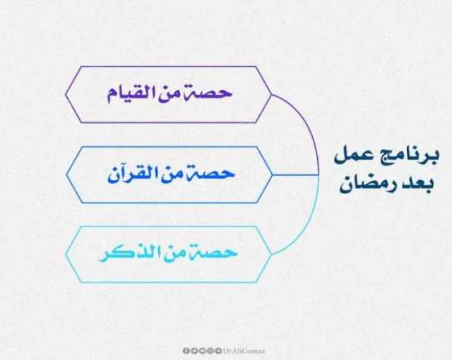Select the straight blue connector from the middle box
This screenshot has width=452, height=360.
295,175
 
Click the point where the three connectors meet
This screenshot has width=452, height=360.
319,175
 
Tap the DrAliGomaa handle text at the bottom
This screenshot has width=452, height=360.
244,351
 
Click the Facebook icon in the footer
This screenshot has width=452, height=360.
186,351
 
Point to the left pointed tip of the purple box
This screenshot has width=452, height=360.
66,94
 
